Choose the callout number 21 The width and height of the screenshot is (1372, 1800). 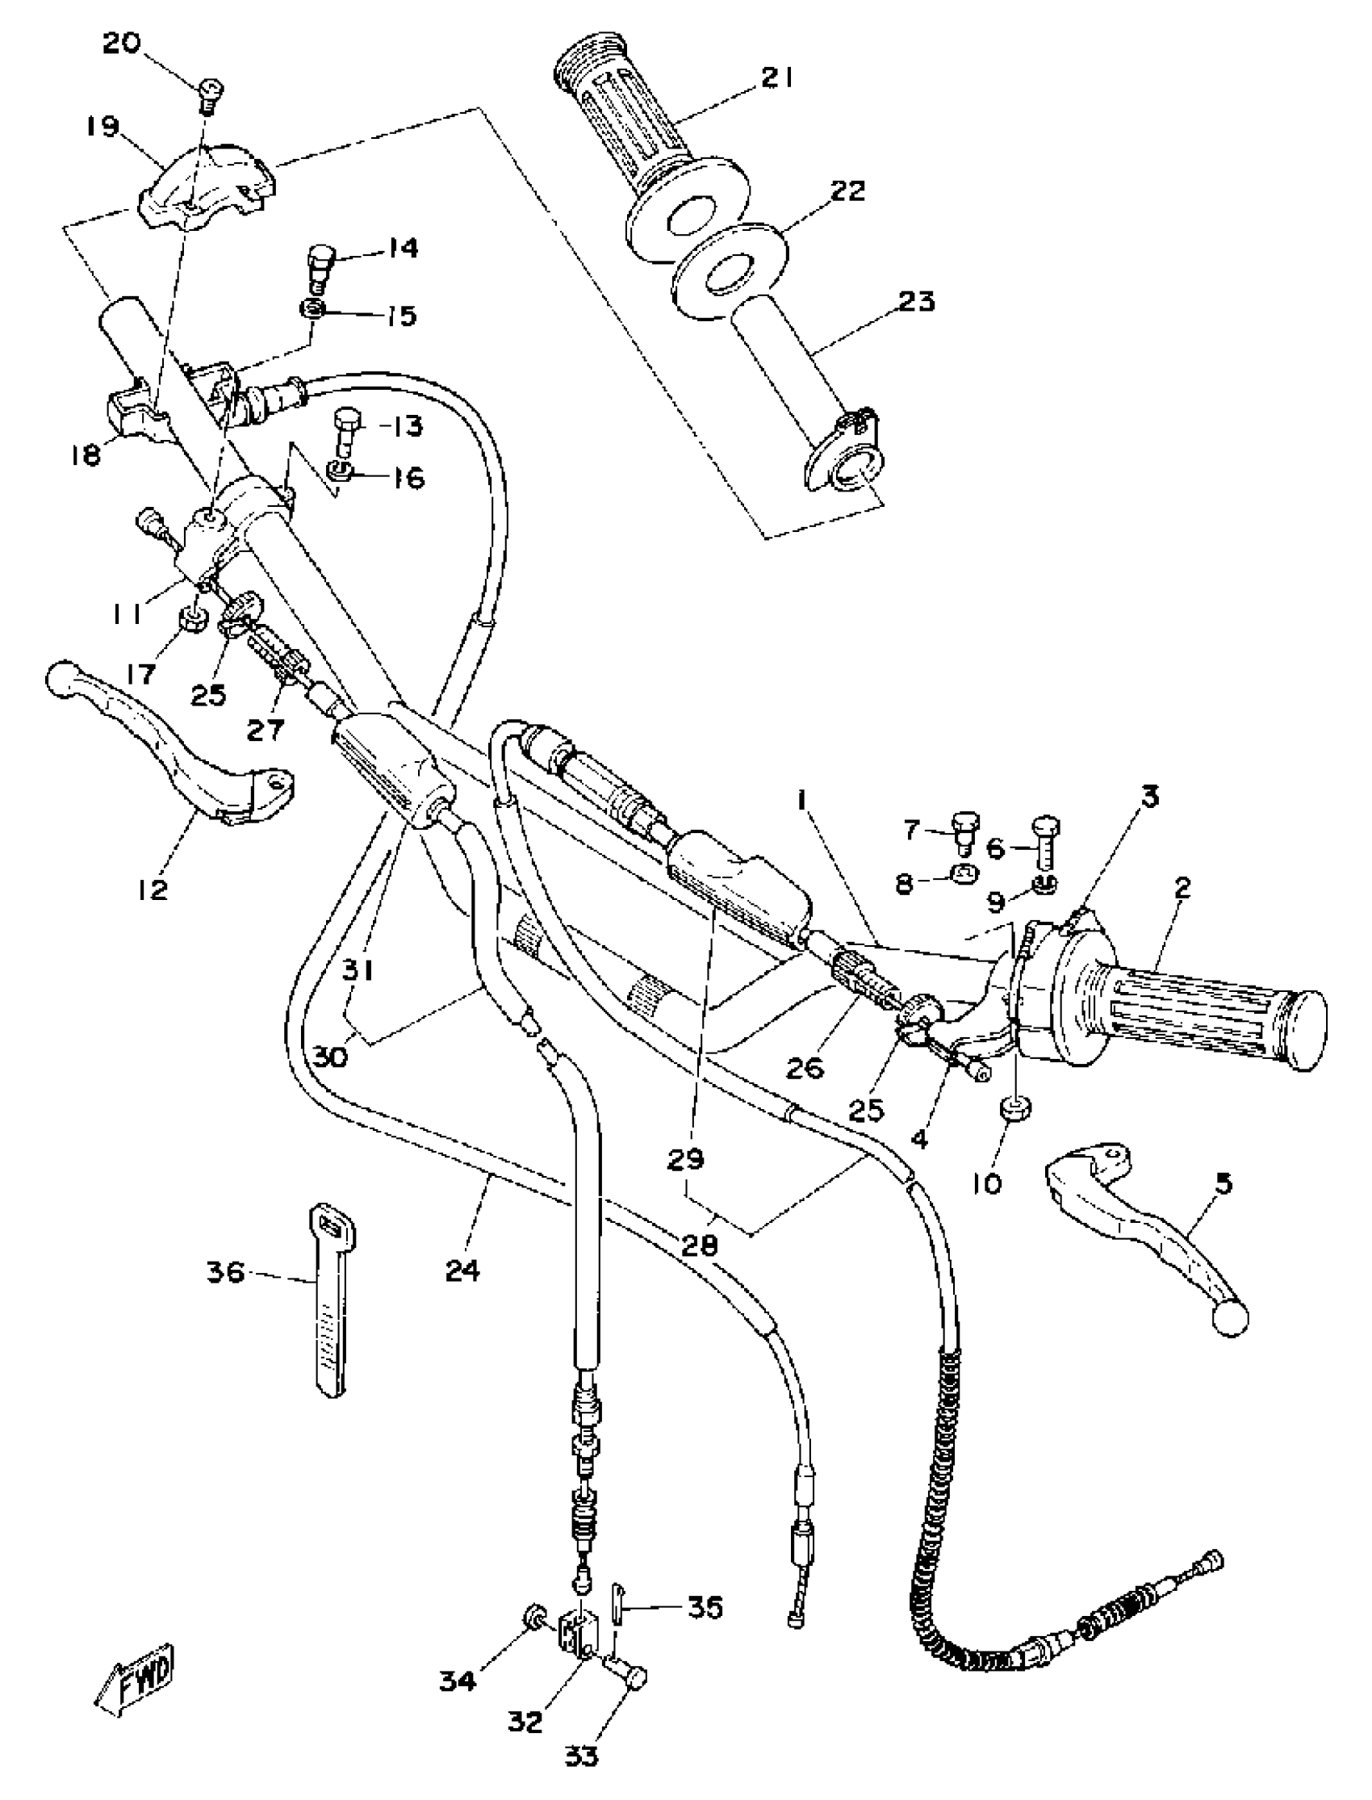pyautogui.click(x=777, y=79)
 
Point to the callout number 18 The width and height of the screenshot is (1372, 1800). pyautogui.click(x=85, y=455)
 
